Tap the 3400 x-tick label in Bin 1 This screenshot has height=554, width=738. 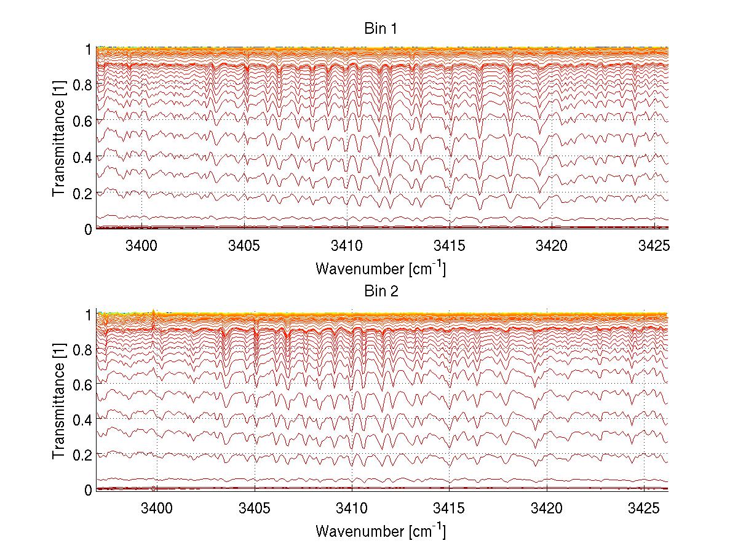click(x=141, y=245)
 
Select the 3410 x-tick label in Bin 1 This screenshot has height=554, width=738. click(x=347, y=245)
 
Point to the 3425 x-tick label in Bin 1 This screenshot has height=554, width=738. click(x=654, y=245)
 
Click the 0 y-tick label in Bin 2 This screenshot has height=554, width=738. click(x=87, y=490)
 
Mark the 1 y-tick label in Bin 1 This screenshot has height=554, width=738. click(x=87, y=49)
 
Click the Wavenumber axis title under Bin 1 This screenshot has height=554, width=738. click(x=381, y=269)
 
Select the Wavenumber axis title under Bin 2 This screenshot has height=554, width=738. click(x=381, y=531)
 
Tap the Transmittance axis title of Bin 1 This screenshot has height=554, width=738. click(x=59, y=138)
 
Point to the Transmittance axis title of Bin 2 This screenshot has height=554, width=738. click(x=59, y=402)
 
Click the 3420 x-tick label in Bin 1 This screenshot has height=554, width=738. click(x=552, y=245)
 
